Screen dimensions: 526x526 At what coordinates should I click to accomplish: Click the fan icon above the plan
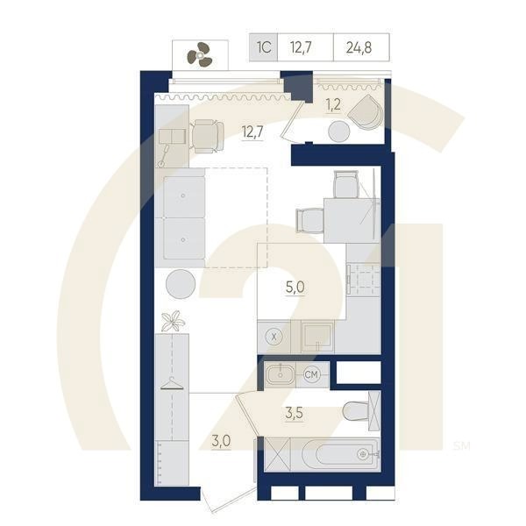pos(201,55)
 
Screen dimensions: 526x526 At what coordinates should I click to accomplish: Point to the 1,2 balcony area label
pos(334,105)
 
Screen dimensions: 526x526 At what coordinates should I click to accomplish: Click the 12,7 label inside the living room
pos(252,132)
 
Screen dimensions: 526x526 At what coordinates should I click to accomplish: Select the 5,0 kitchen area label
pos(295,286)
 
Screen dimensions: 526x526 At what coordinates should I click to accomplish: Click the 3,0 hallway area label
pos(220,441)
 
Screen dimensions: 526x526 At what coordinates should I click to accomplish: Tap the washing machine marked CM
pos(311,375)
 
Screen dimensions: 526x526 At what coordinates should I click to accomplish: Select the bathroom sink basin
pos(281,375)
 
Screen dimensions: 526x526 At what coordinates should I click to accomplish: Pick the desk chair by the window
pos(208,135)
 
